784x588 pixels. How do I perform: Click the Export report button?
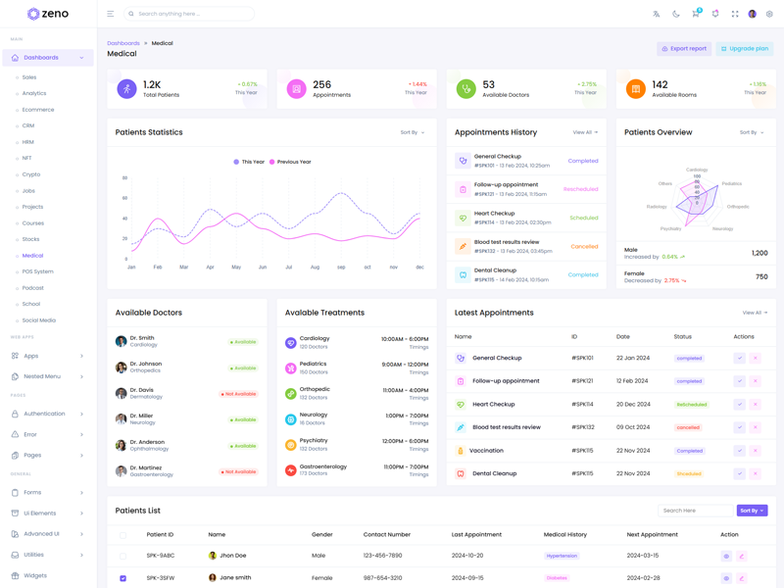click(684, 48)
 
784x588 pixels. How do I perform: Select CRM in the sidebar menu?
click(28, 125)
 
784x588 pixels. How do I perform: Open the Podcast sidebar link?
click(33, 288)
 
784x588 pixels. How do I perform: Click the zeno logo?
click(47, 14)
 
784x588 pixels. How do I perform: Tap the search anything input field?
click(191, 14)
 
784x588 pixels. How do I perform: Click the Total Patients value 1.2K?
click(152, 85)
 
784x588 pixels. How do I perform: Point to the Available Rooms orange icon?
click(635, 89)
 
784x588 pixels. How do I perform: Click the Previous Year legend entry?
click(291, 162)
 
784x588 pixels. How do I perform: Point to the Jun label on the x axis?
click(263, 267)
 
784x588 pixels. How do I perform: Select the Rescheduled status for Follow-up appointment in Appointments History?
click(580, 189)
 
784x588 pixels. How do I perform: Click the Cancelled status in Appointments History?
click(584, 246)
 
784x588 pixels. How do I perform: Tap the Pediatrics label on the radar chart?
click(732, 183)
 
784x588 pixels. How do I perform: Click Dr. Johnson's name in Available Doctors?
click(146, 364)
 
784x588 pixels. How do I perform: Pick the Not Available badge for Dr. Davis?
click(238, 394)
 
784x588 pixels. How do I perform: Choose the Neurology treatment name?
click(314, 415)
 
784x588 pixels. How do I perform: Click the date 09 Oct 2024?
click(632, 427)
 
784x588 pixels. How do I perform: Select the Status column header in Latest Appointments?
click(682, 336)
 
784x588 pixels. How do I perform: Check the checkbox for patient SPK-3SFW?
click(122, 578)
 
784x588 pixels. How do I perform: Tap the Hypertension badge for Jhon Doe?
click(562, 556)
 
